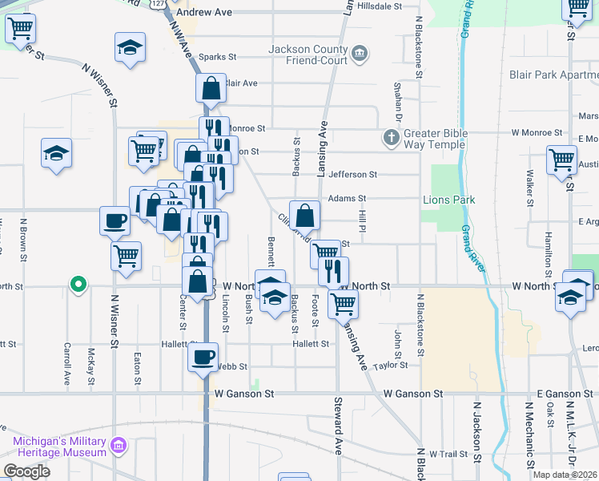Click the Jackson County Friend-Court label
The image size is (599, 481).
(x=308, y=55)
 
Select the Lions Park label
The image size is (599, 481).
(x=449, y=200)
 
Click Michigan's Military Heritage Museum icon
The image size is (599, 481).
(x=119, y=445)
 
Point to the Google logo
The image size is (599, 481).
(x=26, y=471)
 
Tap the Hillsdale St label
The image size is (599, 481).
(x=380, y=6)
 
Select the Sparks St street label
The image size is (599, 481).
(x=218, y=57)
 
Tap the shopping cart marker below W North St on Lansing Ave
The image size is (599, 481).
(x=343, y=303)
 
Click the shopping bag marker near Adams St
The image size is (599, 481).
(x=304, y=215)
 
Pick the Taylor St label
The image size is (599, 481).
(x=390, y=365)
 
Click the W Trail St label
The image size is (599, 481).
(x=448, y=454)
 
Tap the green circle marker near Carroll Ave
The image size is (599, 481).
(x=78, y=284)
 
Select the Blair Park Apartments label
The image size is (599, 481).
(x=553, y=75)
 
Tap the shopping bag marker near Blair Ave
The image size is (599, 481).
(x=210, y=88)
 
